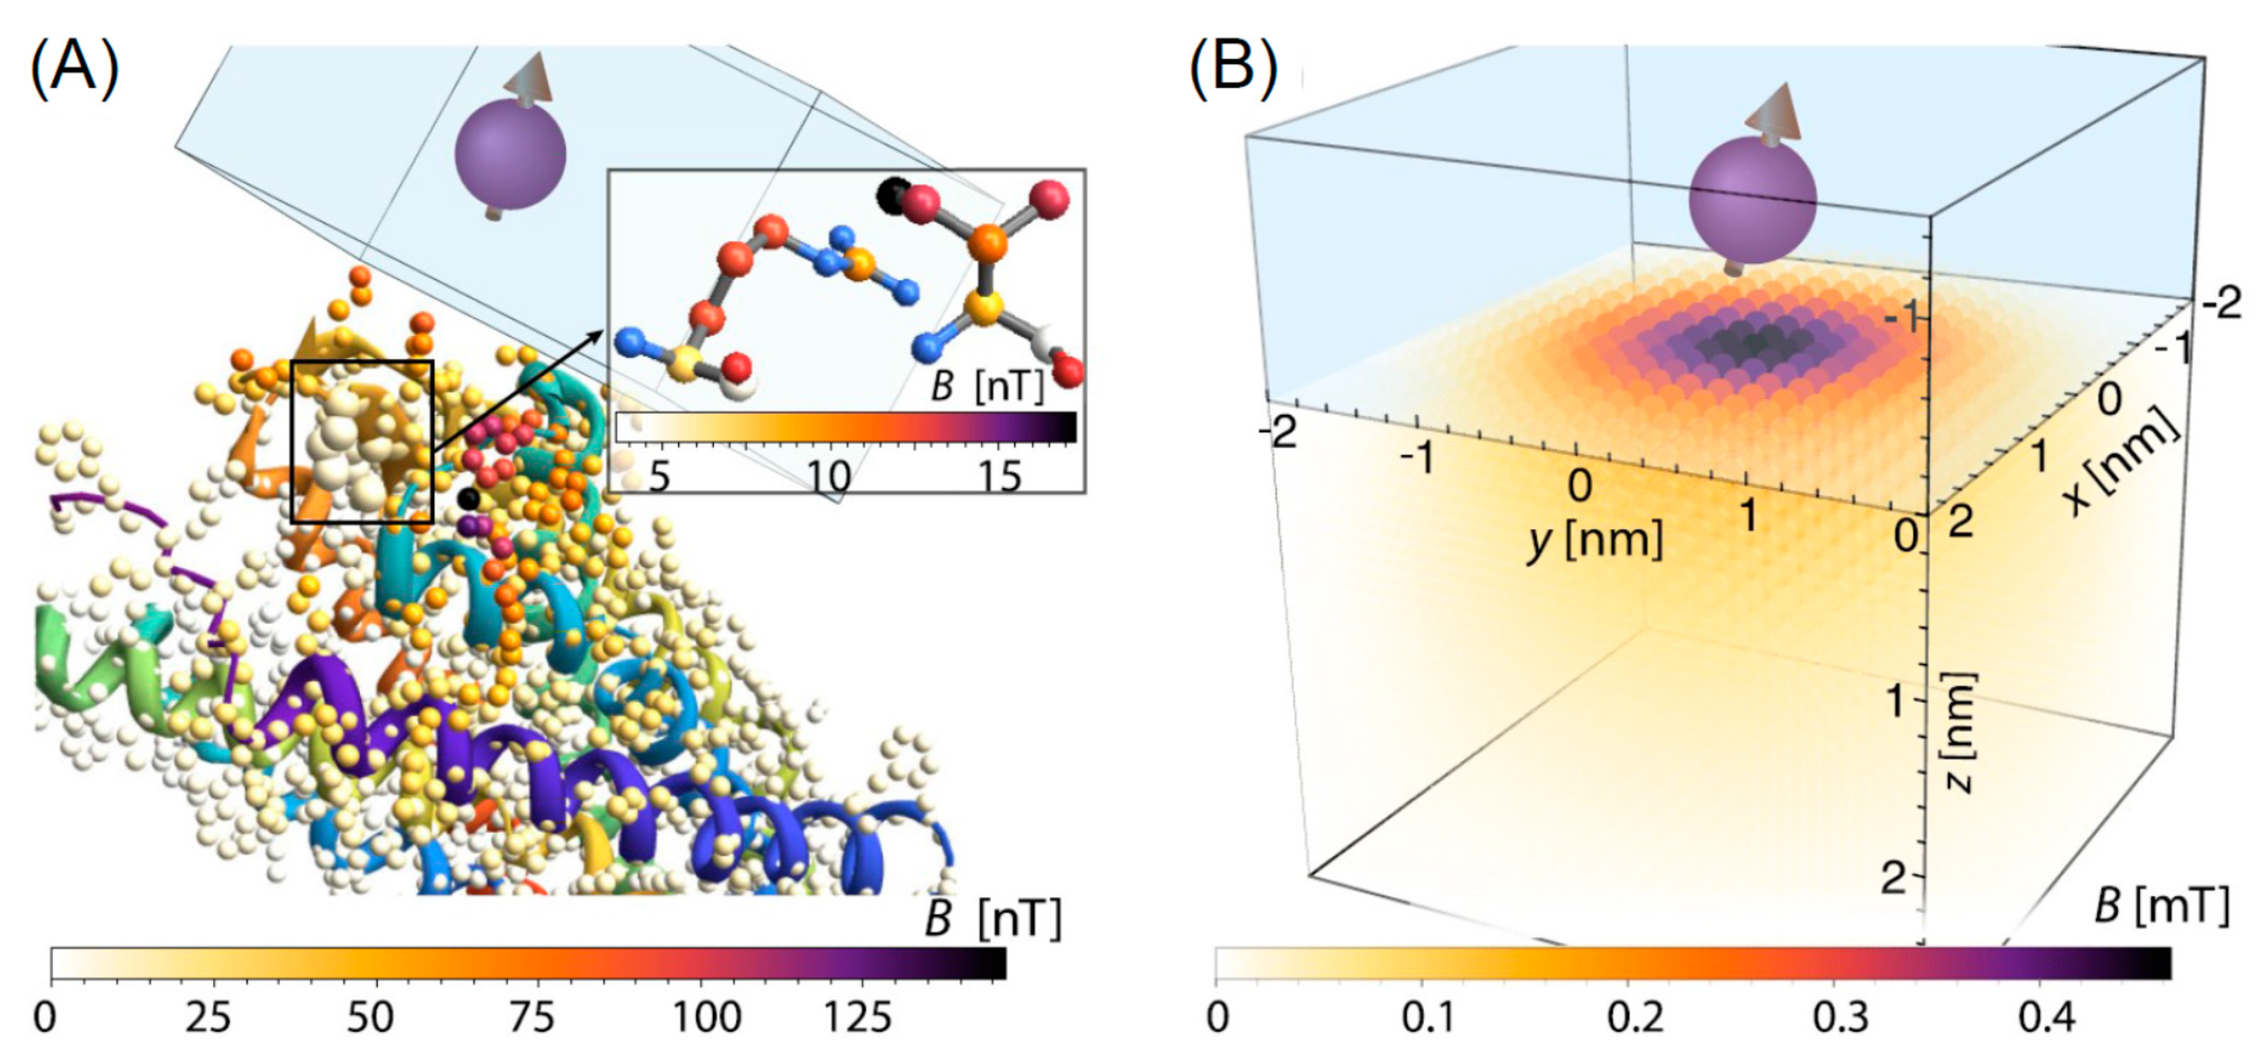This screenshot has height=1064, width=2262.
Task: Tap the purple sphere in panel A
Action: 510,155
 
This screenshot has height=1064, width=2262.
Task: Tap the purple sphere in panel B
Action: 1752,198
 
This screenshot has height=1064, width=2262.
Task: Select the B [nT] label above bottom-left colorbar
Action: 993,918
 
